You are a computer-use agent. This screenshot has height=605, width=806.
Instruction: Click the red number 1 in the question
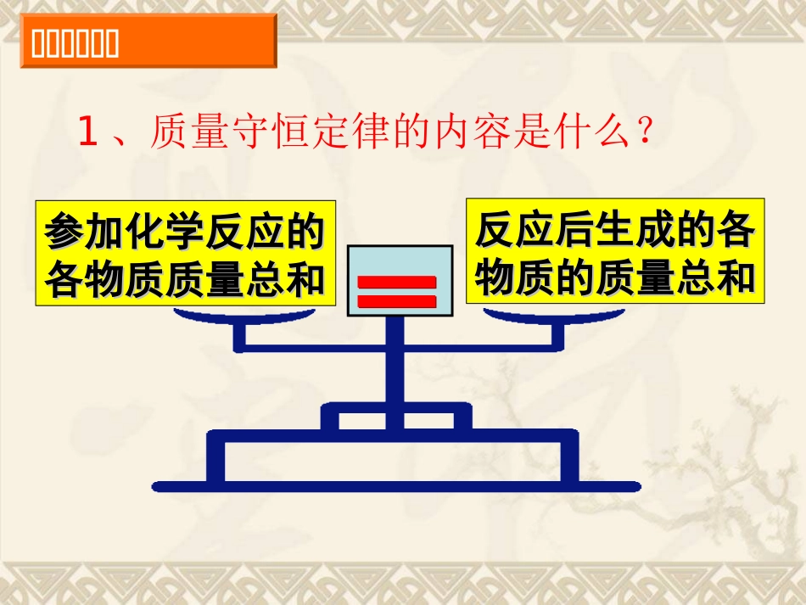coord(87,134)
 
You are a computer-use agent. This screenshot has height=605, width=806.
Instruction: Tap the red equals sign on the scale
coord(396,291)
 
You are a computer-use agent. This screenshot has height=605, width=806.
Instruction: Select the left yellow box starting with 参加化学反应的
coord(186,253)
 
